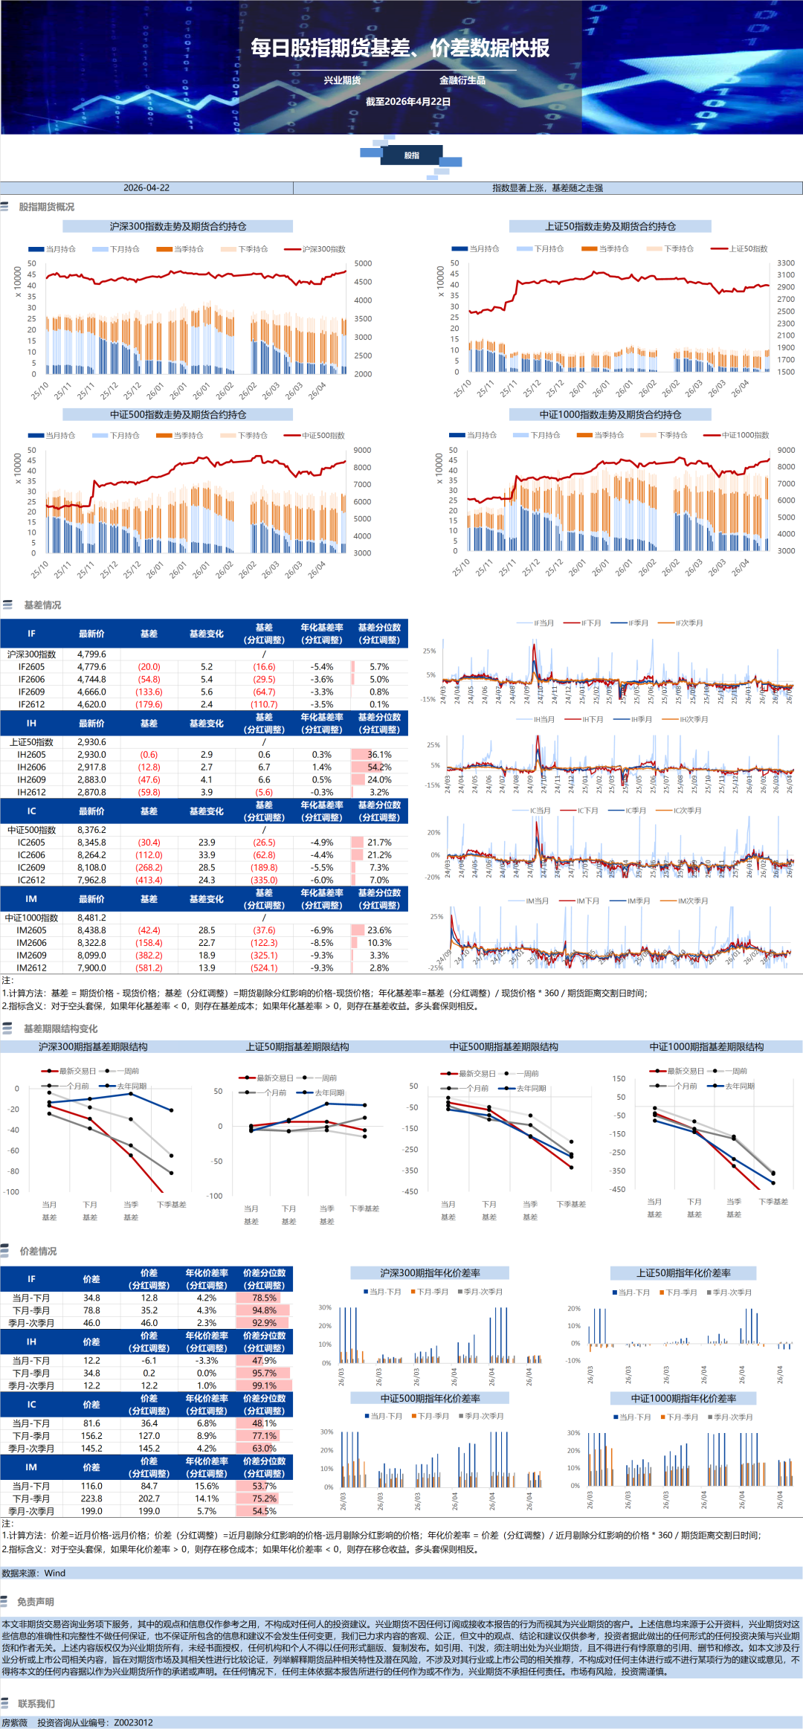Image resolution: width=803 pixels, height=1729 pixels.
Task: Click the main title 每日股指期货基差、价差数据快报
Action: (400, 48)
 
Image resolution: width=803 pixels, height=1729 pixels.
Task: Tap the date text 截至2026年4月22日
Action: (408, 102)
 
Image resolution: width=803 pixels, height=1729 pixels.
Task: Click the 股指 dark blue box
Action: (412, 155)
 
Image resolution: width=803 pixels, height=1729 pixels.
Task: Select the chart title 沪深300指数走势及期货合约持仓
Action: (178, 226)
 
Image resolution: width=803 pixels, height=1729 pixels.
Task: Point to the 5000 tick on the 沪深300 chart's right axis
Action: (363, 263)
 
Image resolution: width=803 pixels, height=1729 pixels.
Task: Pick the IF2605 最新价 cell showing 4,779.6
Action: (91, 667)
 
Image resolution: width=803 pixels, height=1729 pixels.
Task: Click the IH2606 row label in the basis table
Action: (31, 767)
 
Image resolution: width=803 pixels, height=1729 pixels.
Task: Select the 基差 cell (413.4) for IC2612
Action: (149, 880)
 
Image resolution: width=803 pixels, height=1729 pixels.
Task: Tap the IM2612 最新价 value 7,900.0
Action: (91, 967)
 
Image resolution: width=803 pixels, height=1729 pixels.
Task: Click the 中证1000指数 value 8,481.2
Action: (91, 918)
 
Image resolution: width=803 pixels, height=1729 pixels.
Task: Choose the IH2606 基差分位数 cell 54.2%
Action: (379, 767)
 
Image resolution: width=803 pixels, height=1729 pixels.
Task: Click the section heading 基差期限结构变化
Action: (60, 1028)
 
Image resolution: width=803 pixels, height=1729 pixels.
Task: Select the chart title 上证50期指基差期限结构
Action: (297, 1046)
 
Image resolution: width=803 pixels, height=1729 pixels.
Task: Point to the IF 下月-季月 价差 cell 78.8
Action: (91, 1310)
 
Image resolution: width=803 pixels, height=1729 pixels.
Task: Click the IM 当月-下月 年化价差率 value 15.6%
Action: (207, 1486)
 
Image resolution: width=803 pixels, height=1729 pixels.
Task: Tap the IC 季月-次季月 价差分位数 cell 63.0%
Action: (264, 1448)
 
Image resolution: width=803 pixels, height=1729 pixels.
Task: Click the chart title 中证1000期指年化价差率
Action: (683, 1398)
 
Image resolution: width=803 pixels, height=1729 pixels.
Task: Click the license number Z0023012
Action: (133, 1722)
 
